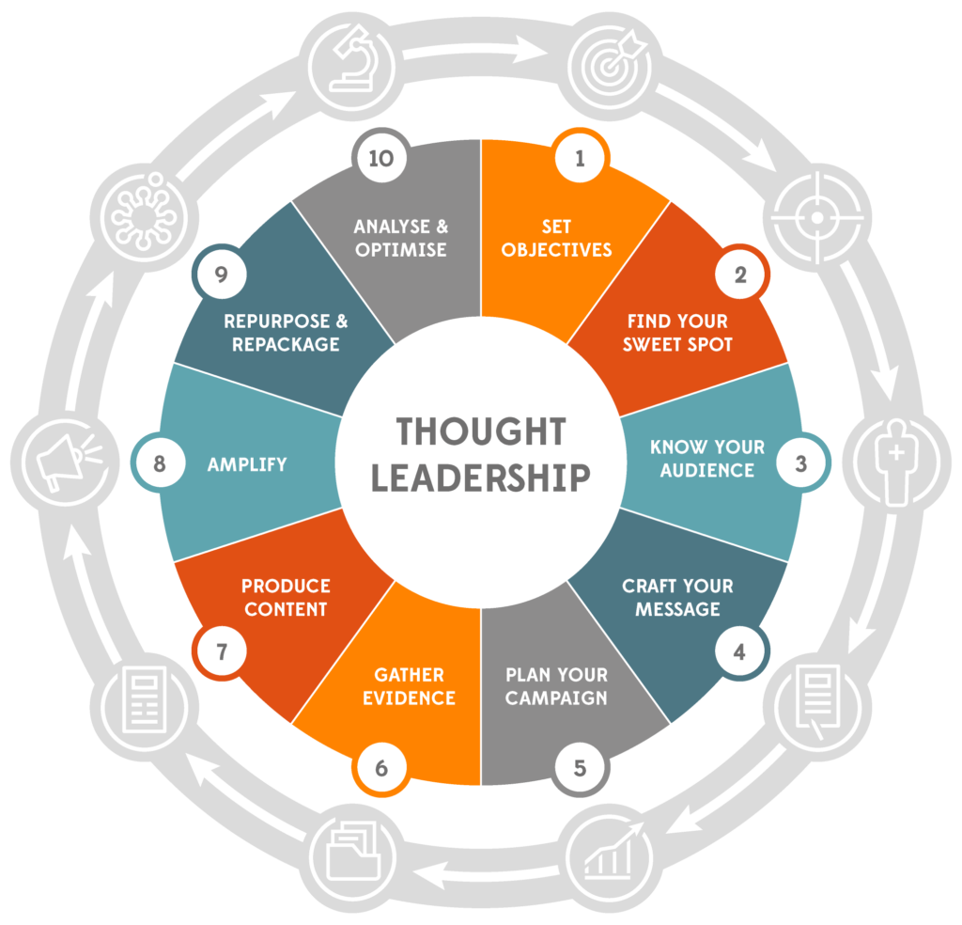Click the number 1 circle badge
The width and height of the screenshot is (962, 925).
pyautogui.click(x=580, y=159)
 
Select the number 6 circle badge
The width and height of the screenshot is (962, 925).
pyautogui.click(x=381, y=767)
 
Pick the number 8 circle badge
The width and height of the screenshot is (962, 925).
pyautogui.click(x=160, y=463)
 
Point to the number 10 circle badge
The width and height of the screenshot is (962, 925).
pyautogui.click(x=380, y=159)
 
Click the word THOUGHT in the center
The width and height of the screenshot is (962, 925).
pyautogui.click(x=480, y=431)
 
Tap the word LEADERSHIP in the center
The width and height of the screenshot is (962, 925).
pyautogui.click(x=480, y=477)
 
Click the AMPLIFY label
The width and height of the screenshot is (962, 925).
pyautogui.click(x=248, y=463)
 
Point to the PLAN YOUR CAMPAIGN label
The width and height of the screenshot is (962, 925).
pyautogui.click(x=556, y=686)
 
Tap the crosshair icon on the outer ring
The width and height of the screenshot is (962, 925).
pyautogui.click(x=816, y=218)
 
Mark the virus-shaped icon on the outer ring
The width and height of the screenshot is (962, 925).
pyautogui.click(x=143, y=218)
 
